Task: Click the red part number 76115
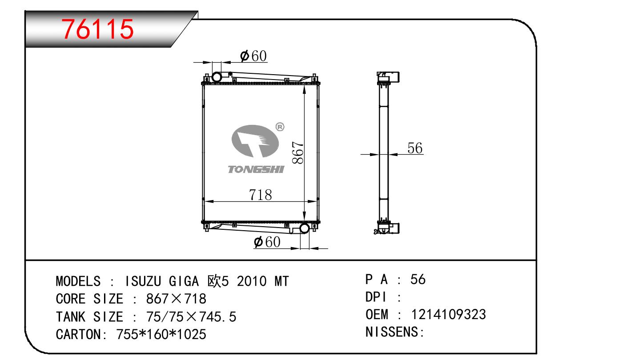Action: pyautogui.click(x=97, y=29)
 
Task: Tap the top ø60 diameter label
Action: pyautogui.click(x=253, y=56)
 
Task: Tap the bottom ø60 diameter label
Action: pyautogui.click(x=267, y=242)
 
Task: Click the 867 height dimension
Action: pyautogui.click(x=298, y=152)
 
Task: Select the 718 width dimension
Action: pyautogui.click(x=260, y=195)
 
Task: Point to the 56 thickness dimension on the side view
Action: pyautogui.click(x=415, y=148)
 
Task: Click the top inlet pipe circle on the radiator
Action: pyautogui.click(x=217, y=77)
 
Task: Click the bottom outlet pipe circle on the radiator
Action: pyautogui.click(x=305, y=228)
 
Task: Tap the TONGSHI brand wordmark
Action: pyautogui.click(x=256, y=169)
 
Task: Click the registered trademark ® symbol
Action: pyautogui.click(x=280, y=127)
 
